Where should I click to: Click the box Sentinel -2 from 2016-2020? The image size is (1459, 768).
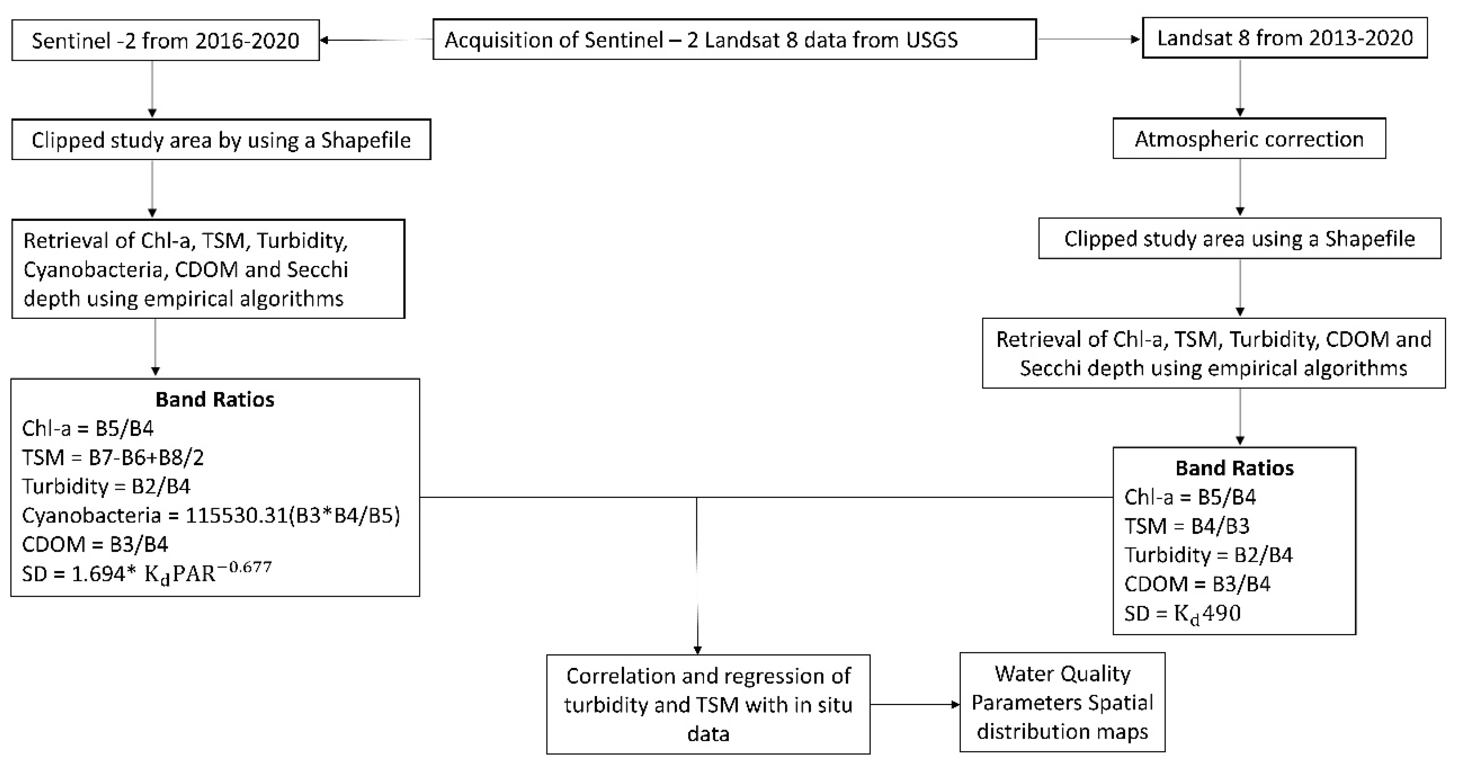tap(165, 40)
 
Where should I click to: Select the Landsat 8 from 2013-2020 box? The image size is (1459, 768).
tap(1284, 38)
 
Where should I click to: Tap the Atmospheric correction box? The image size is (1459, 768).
tap(1249, 139)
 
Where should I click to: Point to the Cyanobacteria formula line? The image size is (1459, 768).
tap(211, 515)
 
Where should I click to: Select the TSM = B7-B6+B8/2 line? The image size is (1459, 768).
tap(113, 457)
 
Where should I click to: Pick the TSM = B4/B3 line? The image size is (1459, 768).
tap(1187, 526)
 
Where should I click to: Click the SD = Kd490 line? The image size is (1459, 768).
tap(1182, 613)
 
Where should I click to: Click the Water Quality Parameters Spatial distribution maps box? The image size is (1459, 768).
tap(1062, 702)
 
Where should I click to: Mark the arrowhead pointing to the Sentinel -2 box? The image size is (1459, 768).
tap(324, 40)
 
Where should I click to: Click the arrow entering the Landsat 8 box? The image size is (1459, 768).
tap(1135, 39)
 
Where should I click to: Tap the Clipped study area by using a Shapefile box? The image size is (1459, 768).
tap(221, 140)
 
